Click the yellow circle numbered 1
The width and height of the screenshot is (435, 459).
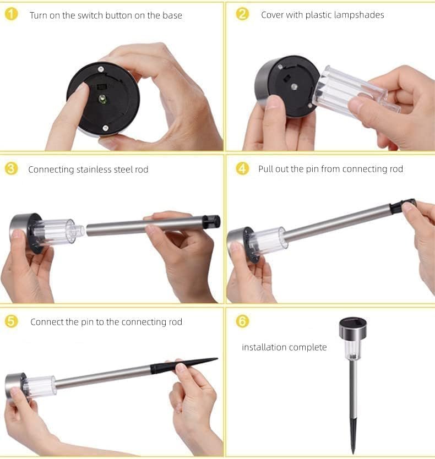point(11,14)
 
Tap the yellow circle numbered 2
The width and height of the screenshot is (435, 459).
point(242,14)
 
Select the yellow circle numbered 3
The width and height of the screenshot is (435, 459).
point(11,169)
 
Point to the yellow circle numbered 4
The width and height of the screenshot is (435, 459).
point(242,168)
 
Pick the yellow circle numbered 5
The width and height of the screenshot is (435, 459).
point(11,321)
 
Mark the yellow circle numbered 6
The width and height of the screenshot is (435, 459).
point(242,321)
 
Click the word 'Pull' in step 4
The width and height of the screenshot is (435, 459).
point(265,169)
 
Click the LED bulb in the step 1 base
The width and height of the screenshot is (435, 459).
point(102,99)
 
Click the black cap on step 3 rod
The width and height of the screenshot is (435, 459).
point(211,221)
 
